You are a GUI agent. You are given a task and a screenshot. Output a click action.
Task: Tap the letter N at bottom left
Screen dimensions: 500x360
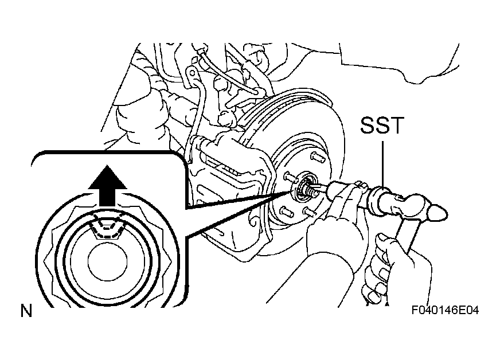coord(26,311)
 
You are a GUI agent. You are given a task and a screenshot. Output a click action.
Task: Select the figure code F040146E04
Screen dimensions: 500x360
coord(445,310)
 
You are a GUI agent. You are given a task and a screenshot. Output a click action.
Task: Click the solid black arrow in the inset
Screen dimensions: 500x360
coord(107,185)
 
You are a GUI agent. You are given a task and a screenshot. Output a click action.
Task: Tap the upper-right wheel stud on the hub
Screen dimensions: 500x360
coord(317,157)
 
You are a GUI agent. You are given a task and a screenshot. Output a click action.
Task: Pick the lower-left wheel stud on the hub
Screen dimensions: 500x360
coord(286,212)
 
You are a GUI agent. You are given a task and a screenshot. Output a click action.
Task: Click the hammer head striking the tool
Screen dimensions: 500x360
coord(411,206)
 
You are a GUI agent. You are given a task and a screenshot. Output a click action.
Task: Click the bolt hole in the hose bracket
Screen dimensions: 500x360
coord(192,73)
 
